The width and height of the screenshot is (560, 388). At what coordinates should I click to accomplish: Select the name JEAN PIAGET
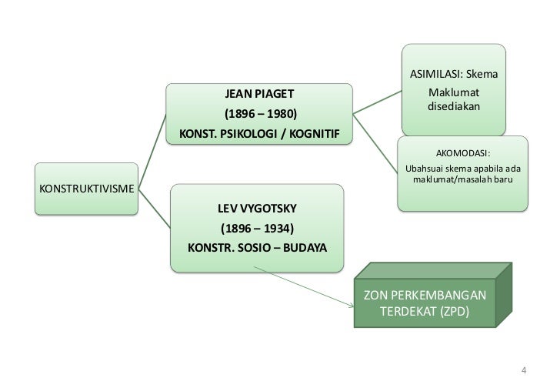258,95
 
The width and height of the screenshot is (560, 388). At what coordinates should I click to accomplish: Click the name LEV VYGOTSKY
257,209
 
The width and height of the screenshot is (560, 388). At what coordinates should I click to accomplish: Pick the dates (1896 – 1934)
257,229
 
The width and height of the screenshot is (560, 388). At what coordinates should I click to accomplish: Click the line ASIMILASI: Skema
455,75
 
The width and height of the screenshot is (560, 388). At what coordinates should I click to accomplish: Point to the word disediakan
454,105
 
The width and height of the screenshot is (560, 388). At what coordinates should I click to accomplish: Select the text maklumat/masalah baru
463,179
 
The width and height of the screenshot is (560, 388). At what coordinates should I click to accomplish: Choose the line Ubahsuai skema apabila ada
463,167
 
